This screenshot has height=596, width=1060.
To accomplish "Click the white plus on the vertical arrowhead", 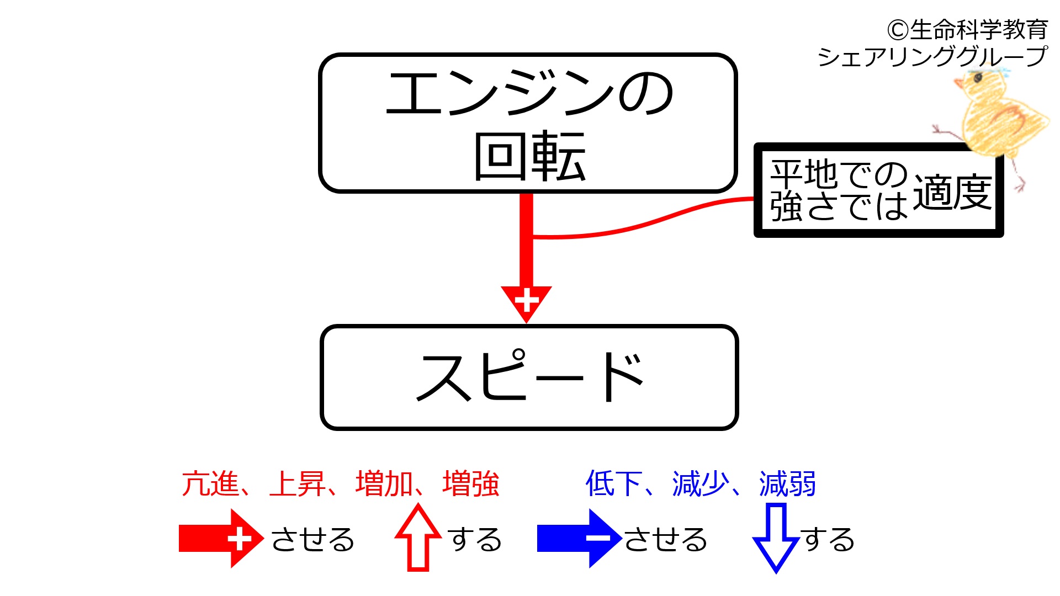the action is pyautogui.click(x=526, y=301).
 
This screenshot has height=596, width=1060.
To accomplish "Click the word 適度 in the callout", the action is pyautogui.click(x=952, y=193).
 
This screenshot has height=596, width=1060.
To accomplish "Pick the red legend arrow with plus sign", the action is pyautogui.click(x=221, y=538).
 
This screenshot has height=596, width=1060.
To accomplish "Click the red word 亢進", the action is pyautogui.click(x=210, y=484).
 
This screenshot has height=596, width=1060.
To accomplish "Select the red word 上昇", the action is pyautogui.click(x=297, y=484).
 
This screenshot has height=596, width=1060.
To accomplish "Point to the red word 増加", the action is pyautogui.click(x=384, y=484).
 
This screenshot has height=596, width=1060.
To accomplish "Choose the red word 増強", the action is pyautogui.click(x=471, y=484).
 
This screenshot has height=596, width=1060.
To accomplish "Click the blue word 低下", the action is pyautogui.click(x=614, y=484).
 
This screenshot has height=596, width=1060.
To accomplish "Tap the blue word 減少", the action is pyautogui.click(x=701, y=484).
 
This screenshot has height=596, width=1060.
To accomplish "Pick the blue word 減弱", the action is pyautogui.click(x=788, y=484).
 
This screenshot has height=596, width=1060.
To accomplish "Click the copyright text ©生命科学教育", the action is pyautogui.click(x=967, y=30).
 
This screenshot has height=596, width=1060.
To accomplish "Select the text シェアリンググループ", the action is pyautogui.click(x=932, y=56).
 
